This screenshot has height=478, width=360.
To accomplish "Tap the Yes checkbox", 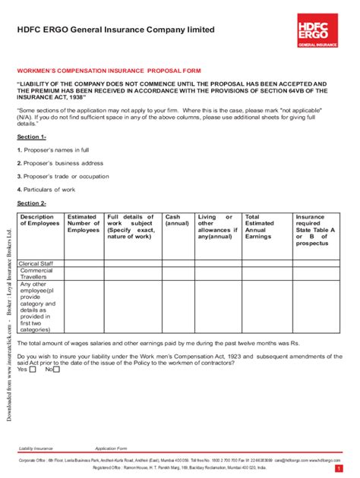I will (x=33, y=370).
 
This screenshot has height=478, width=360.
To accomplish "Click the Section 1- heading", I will (x=32, y=137).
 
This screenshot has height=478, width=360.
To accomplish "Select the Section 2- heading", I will (x=32, y=203).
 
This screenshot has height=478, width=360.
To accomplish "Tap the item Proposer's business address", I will (x=60, y=163).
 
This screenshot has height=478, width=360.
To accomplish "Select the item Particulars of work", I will (x=50, y=189).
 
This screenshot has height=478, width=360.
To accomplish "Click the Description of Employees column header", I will (x=39, y=221).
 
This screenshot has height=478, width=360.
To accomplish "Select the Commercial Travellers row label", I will (x=36, y=274).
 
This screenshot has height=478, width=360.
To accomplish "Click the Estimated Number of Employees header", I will (x=84, y=224).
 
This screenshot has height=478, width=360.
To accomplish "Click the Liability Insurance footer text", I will (x=36, y=449).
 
